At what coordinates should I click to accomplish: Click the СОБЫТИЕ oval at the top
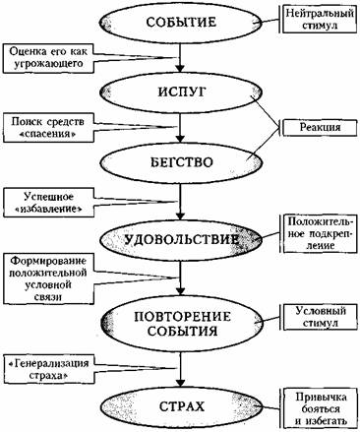click(181, 22)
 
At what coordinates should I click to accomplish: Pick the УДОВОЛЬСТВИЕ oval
click(181, 239)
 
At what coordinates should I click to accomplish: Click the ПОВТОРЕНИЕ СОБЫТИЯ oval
click(181, 320)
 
